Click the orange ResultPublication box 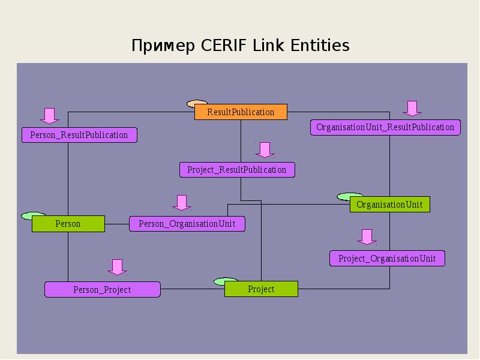click(241, 112)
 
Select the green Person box click(68, 224)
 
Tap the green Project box click(261, 289)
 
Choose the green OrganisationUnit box click(389, 204)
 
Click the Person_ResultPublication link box click(79, 135)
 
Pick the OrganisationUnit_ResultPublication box click(385, 127)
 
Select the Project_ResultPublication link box click(237, 170)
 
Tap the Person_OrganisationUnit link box click(187, 224)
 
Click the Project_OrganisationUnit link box click(387, 259)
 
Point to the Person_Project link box click(103, 290)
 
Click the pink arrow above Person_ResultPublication click(49, 116)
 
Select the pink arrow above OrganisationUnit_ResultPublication click(412, 109)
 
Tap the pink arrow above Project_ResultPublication click(265, 150)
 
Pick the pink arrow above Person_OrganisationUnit click(182, 203)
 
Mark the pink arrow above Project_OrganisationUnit click(367, 237)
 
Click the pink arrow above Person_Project click(117, 267)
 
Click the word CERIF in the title click(224, 46)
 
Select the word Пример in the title click(163, 46)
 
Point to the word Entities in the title click(320, 46)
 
